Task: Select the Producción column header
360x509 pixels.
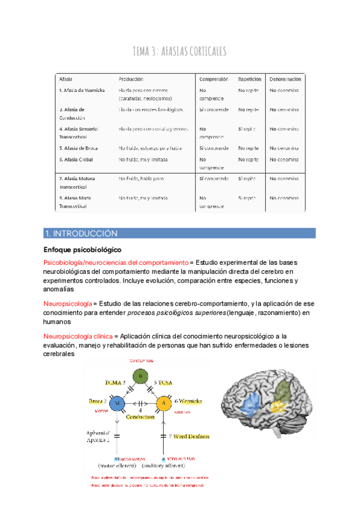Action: (131, 79)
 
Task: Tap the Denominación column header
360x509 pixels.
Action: (285, 79)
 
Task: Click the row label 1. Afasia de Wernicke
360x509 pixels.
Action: (82, 91)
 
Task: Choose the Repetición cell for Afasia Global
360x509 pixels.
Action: (248, 160)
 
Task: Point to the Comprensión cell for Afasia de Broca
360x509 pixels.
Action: (213, 148)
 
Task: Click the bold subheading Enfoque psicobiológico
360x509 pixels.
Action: (82, 249)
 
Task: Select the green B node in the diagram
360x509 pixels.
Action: (139, 376)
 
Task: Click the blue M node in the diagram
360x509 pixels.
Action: (118, 403)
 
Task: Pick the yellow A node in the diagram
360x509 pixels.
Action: (163, 403)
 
